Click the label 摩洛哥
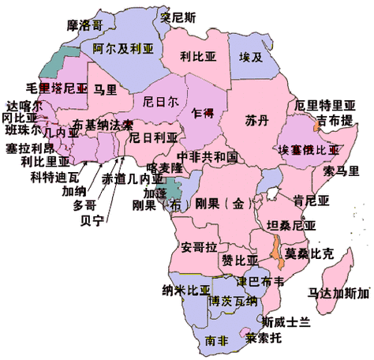click(84, 25)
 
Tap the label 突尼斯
click(178, 15)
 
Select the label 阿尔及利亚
click(122, 47)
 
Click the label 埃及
click(250, 56)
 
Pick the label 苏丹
click(256, 121)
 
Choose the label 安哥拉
click(199, 247)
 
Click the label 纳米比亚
click(186, 289)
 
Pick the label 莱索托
click(263, 338)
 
